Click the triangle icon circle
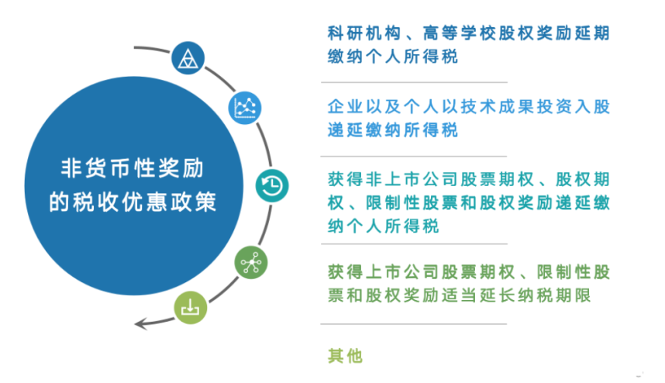[188, 58]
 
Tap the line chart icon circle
[245, 108]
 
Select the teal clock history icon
[272, 186]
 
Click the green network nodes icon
[251, 263]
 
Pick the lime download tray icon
[191, 308]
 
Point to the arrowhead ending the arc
[140, 325]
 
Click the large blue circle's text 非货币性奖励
[133, 168]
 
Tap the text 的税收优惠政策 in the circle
[133, 202]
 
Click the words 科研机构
[364, 33]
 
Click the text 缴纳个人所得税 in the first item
[393, 57]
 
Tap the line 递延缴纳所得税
[393, 129]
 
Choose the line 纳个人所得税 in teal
[384, 226]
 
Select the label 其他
[345, 356]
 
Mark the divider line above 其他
[414, 324]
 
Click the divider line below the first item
[414, 82]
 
